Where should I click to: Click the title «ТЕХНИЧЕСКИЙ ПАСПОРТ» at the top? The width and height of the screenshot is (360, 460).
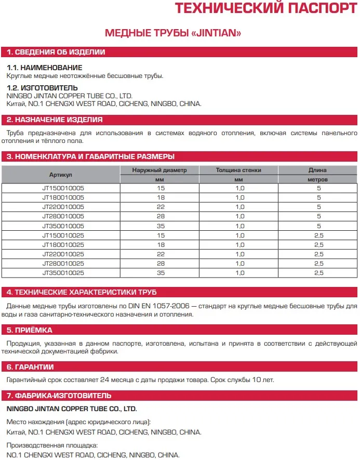[265, 9]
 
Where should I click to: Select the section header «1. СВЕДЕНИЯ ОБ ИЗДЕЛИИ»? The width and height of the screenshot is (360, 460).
[56, 52]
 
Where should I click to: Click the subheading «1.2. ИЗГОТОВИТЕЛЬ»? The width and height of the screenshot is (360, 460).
[43, 88]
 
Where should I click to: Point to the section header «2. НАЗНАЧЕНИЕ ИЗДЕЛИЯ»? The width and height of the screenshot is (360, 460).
[55, 120]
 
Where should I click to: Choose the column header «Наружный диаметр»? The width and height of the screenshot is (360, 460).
[159, 170]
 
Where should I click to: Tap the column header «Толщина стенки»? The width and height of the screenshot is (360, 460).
[238, 170]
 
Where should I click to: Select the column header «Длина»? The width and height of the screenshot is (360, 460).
[317, 170]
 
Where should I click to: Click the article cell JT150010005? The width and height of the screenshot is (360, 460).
[63, 188]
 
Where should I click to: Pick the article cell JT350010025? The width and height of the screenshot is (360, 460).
[63, 272]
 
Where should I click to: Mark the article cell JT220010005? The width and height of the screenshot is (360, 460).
[63, 207]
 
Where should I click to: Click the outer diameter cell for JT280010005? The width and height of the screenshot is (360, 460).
[160, 216]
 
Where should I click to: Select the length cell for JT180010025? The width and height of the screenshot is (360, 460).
[318, 244]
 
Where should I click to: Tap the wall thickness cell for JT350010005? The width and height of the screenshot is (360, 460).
[239, 226]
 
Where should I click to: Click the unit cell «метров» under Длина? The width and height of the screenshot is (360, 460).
[317, 179]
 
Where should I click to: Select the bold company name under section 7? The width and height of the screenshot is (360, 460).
[71, 409]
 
